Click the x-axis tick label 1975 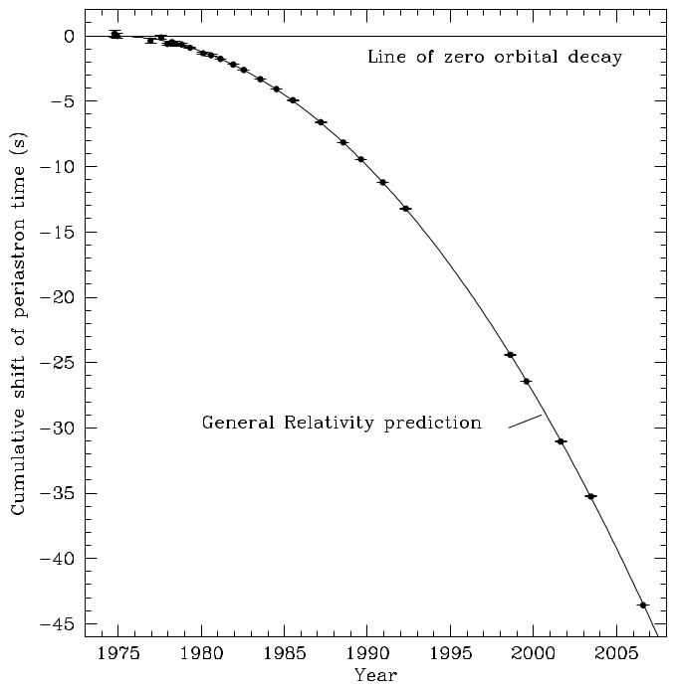(118, 654)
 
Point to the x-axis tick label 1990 (367, 654)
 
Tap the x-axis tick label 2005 (616, 654)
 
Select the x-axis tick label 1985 (285, 654)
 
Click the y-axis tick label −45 (57, 624)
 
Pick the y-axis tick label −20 (57, 297)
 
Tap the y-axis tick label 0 (69, 37)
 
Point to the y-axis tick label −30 (57, 429)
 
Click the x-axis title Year (375, 675)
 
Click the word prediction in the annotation (433, 423)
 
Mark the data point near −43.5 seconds (642, 604)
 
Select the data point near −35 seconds (590, 496)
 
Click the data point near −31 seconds (561, 441)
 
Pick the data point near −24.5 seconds (510, 355)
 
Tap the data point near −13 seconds (405, 209)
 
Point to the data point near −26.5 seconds (526, 382)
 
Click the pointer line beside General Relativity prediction (525, 422)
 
